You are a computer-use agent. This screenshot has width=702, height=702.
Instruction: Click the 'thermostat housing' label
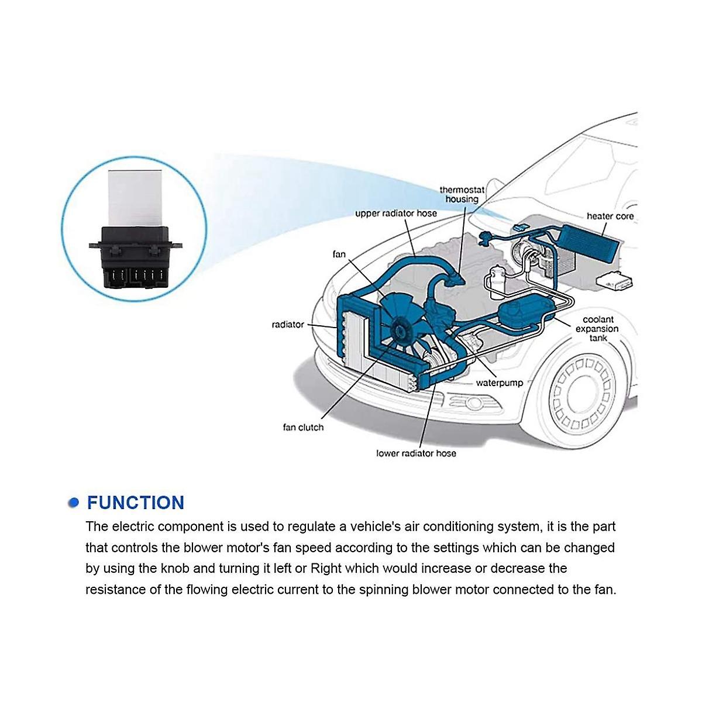(x=462, y=194)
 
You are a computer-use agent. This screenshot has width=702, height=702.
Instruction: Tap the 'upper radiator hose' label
(x=396, y=214)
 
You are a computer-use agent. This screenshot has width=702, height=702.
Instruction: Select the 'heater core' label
(x=610, y=216)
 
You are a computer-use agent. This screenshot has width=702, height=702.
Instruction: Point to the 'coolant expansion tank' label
(x=598, y=329)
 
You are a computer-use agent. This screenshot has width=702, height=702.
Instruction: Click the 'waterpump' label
(x=499, y=383)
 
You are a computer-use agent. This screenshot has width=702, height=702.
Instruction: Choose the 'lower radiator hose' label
(x=416, y=453)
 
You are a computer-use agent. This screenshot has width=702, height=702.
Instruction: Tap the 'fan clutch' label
(x=303, y=428)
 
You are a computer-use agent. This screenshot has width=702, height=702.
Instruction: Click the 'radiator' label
(x=288, y=325)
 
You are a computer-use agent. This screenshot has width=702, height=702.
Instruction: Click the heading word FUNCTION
(x=135, y=503)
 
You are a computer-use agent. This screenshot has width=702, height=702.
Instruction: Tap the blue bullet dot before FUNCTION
(x=73, y=503)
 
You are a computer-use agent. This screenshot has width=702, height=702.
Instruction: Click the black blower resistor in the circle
(x=134, y=257)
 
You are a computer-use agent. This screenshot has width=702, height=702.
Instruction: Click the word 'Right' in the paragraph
(x=325, y=569)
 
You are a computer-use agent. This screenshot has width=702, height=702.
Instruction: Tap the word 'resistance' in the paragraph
(x=115, y=589)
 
